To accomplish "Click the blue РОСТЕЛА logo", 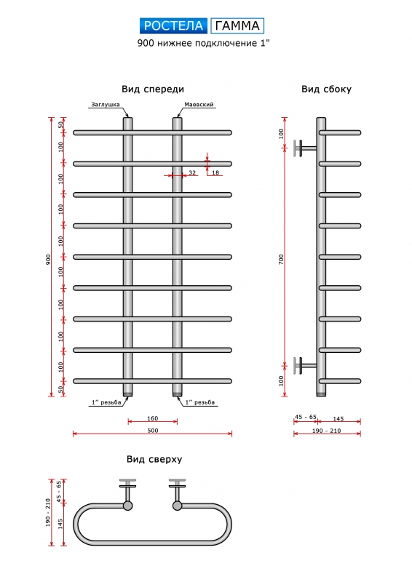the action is click(x=173, y=25).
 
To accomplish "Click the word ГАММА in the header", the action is click(x=237, y=25).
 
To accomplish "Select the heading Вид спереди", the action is click(x=153, y=89).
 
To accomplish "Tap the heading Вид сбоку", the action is click(x=326, y=89).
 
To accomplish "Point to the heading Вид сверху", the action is click(x=154, y=459).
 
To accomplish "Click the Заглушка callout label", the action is click(x=106, y=104).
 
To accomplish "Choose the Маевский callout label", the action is click(x=199, y=104).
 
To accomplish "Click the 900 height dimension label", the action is click(x=48, y=260).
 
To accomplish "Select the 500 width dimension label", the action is click(x=153, y=430).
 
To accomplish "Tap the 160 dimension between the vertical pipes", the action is click(x=153, y=418).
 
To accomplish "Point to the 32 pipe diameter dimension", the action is click(x=192, y=172).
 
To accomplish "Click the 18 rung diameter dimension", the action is click(x=215, y=172).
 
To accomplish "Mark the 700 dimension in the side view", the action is click(x=281, y=259).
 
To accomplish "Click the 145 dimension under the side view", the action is click(x=338, y=419).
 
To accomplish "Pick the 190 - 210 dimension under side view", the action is click(x=326, y=431).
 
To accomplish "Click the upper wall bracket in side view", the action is click(x=305, y=148).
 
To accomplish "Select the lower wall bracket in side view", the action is click(x=305, y=366).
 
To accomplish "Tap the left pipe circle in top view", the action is click(x=127, y=505).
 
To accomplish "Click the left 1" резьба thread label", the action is click(x=106, y=402).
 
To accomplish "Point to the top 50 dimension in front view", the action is click(x=60, y=124).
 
